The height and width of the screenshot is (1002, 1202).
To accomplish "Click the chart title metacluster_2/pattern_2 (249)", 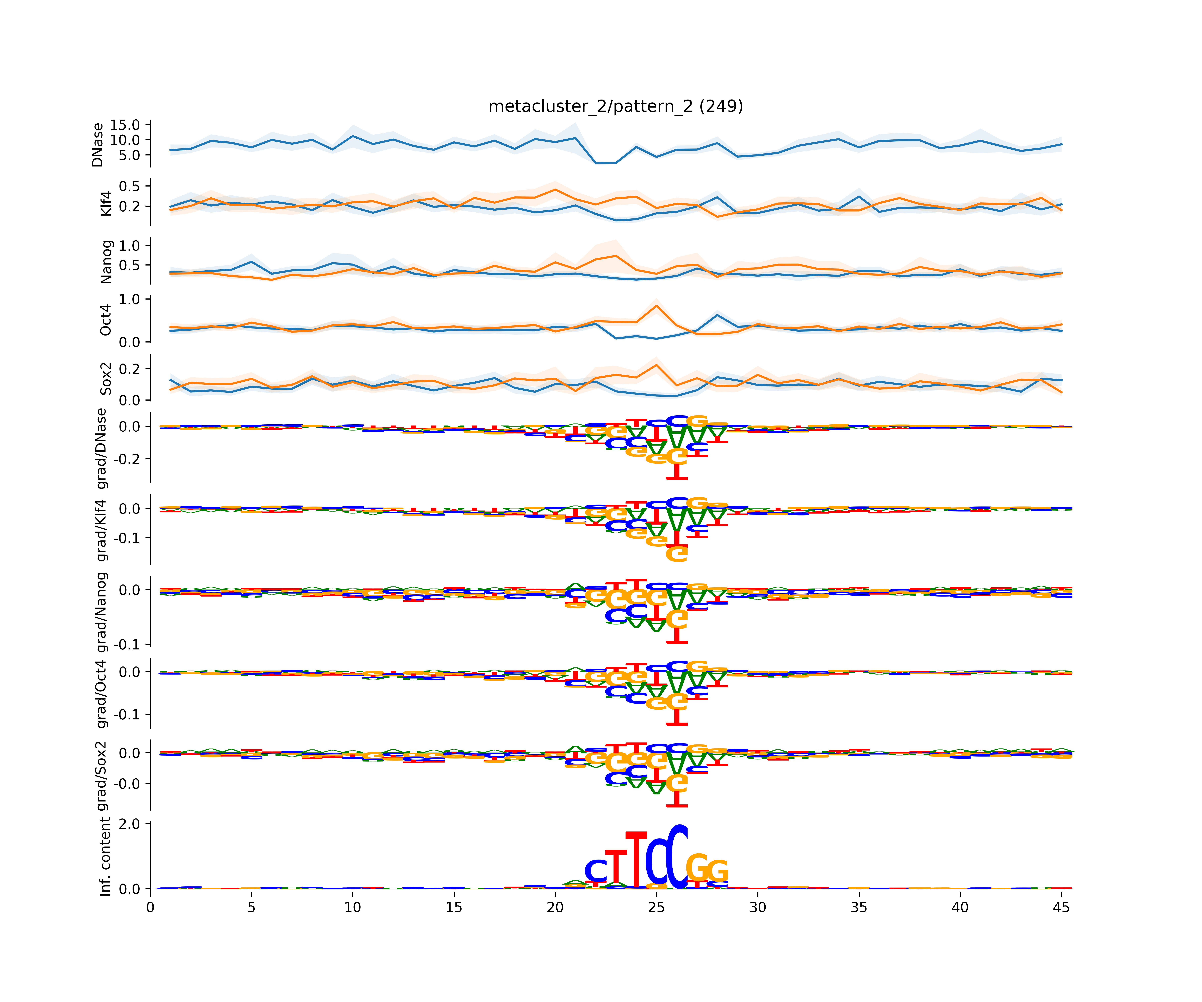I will (615, 107).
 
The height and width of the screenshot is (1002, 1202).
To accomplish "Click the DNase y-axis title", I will (98, 145).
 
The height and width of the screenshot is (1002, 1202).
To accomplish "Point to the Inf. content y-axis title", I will (105, 857).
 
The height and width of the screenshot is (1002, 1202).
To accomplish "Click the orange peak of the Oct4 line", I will (657, 305).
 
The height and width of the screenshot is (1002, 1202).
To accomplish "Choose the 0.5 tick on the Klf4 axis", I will (129, 186).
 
